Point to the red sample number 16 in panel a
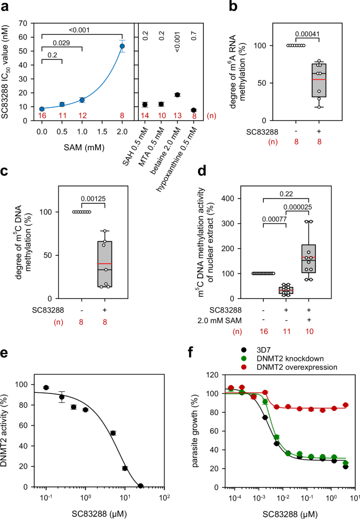click(x=42, y=115)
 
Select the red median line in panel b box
click(x=318, y=79)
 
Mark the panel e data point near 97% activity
click(x=46, y=388)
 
